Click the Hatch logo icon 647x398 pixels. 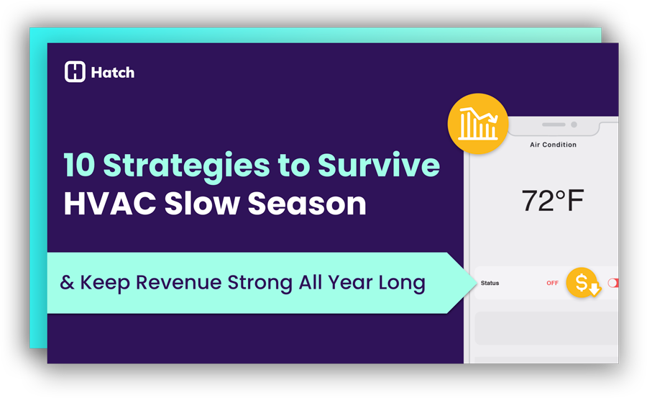pos(75,72)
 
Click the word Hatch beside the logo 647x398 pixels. pos(113,73)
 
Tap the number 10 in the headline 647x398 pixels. pos(79,166)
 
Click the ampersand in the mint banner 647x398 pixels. pos(67,282)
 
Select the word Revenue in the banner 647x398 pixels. pos(177,282)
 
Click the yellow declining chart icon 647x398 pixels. pos(478,124)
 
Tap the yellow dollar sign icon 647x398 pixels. pos(583,282)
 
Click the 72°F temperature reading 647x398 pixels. pos(552,202)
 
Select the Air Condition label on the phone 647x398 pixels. pos(553,145)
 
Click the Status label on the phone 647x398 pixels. pos(490,283)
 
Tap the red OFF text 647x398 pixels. pos(552,283)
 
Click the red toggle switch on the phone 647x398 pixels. pos(612,283)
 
